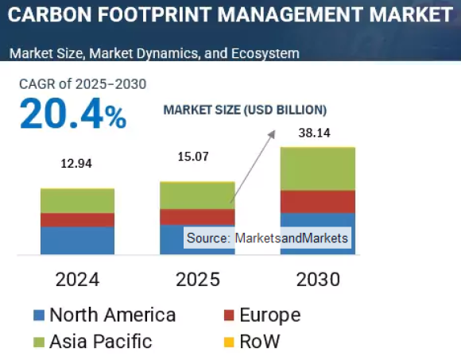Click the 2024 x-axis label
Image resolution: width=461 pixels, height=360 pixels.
click(x=77, y=280)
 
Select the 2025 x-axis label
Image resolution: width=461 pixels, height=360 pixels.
click(x=197, y=280)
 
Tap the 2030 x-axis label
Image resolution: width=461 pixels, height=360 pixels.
click(x=318, y=280)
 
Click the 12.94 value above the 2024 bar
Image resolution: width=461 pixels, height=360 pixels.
click(x=77, y=165)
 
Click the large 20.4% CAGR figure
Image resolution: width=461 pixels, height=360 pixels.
click(x=72, y=114)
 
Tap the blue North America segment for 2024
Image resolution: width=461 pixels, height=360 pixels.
click(x=77, y=240)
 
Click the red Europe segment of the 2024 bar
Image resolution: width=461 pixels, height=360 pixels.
click(x=77, y=219)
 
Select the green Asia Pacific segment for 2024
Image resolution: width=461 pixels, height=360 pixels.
click(x=77, y=201)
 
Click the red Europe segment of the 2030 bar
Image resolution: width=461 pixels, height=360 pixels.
click(x=318, y=202)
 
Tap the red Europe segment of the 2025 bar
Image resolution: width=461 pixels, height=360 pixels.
click(x=197, y=217)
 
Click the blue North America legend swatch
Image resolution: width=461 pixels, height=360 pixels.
click(x=38, y=315)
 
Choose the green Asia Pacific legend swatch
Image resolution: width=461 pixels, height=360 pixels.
click(x=38, y=343)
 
